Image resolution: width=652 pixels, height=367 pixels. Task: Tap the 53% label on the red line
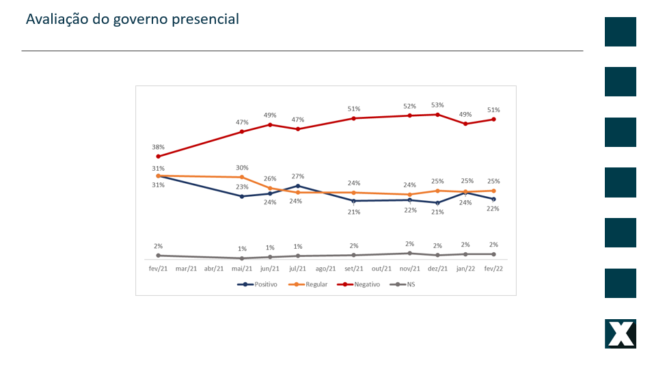(437, 105)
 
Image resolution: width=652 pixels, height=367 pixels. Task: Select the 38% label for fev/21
(158, 147)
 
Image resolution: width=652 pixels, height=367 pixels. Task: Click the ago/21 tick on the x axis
(325, 269)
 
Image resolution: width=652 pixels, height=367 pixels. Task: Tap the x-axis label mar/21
(186, 269)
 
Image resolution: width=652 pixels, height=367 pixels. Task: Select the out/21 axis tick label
(381, 269)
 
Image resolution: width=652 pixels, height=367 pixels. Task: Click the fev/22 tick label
(493, 269)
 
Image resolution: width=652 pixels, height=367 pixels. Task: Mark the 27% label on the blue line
(298, 176)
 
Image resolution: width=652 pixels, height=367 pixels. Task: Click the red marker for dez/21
(437, 114)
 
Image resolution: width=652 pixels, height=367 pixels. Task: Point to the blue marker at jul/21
(298, 185)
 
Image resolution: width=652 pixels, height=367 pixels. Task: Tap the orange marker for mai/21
(242, 177)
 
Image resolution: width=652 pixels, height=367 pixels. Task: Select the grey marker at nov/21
(409, 253)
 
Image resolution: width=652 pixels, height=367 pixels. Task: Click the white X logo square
(621, 334)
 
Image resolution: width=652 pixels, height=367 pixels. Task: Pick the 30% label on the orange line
(242, 168)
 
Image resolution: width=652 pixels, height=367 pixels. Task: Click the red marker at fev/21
(158, 157)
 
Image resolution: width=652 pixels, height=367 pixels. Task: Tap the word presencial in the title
(205, 19)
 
